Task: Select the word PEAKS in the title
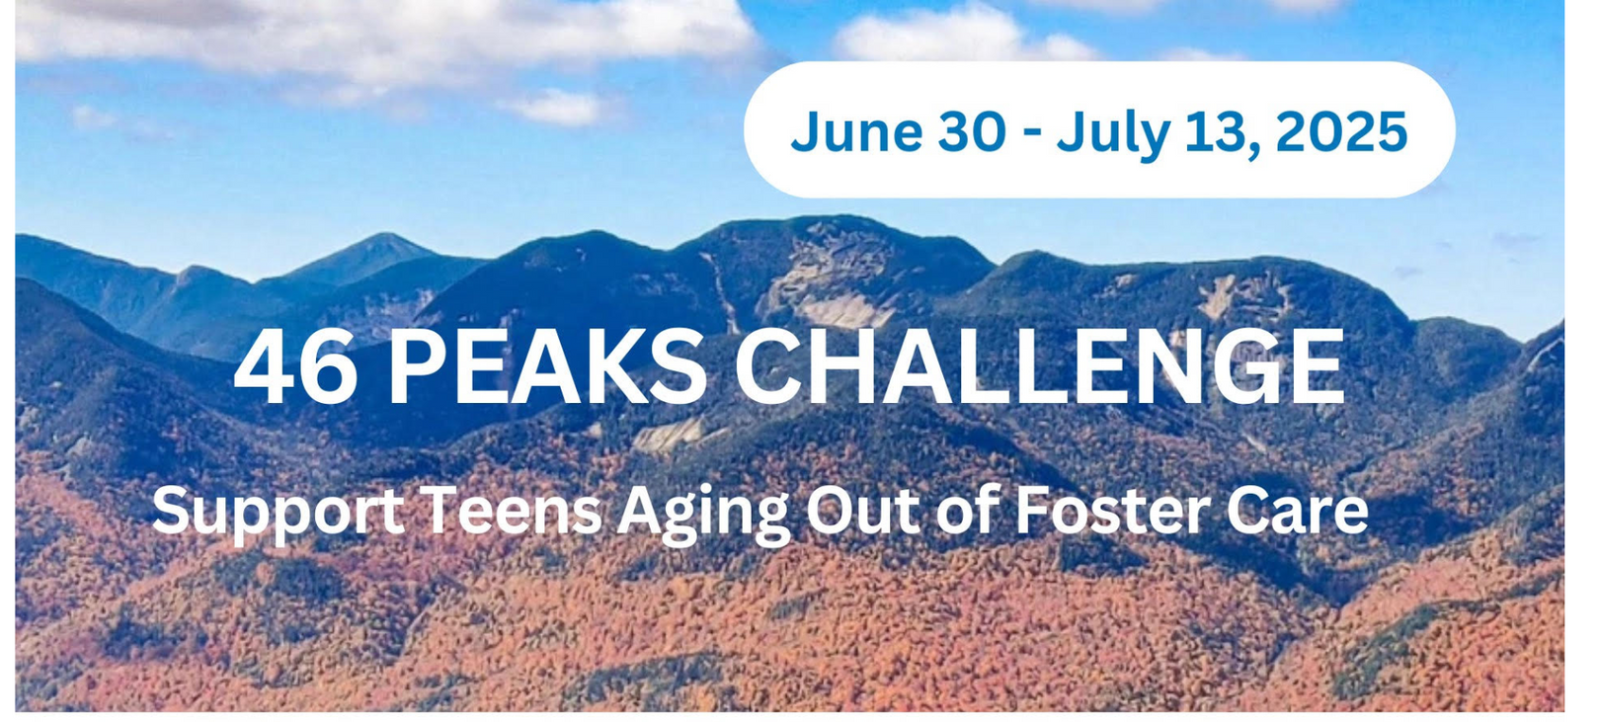click(546, 367)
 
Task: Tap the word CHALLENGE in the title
click(1039, 367)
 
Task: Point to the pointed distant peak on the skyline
click(383, 237)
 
